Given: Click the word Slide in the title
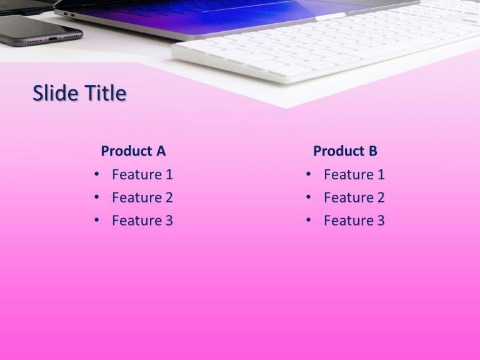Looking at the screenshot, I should [x=54, y=94].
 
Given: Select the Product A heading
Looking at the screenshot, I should [x=133, y=151].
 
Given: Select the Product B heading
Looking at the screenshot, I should [x=345, y=151].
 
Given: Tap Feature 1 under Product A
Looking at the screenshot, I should [x=142, y=175].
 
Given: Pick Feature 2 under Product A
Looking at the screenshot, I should [x=142, y=198].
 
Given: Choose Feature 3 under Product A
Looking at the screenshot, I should [x=142, y=221].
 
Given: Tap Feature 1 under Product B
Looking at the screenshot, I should [x=354, y=175].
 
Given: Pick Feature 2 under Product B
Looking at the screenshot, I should [x=354, y=198].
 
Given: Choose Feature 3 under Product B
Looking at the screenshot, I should [x=354, y=221].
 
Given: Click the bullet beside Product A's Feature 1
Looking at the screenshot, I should [x=96, y=174].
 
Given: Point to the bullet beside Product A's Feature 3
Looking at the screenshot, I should [x=96, y=220].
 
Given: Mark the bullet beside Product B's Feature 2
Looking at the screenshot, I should [x=309, y=197].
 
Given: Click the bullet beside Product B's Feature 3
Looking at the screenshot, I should [x=309, y=220].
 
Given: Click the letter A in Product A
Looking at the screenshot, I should [x=161, y=151].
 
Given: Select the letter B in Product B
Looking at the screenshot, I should [x=372, y=151].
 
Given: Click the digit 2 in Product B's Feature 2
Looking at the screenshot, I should [x=380, y=198].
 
